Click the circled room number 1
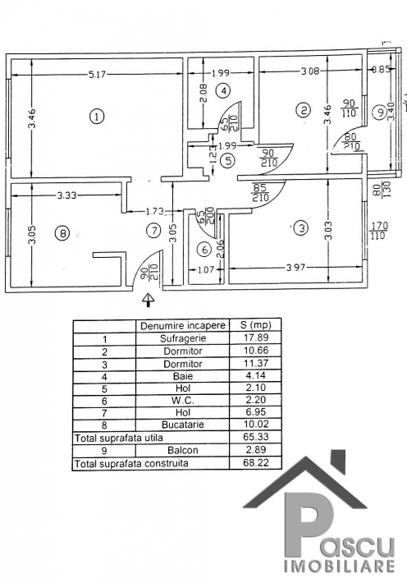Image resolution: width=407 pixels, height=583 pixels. (97, 117)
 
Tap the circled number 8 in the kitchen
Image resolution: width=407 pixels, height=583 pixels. (62, 233)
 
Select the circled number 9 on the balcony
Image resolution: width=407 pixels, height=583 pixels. (379, 112)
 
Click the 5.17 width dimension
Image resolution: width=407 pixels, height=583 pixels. (97, 75)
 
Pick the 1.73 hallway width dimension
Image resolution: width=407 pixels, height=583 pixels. (153, 212)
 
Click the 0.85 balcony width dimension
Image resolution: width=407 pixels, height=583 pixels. (381, 69)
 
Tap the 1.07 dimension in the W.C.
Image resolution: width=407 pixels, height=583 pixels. (206, 269)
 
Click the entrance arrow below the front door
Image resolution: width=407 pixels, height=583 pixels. (149, 299)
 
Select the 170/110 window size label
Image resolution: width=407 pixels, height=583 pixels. (379, 230)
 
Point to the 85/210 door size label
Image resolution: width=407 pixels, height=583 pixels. (261, 192)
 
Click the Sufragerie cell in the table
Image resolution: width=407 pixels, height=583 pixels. (183, 339)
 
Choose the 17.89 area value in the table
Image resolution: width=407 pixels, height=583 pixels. (255, 337)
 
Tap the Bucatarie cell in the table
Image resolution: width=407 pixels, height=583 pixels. (183, 425)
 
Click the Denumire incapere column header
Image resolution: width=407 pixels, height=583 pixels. (183, 326)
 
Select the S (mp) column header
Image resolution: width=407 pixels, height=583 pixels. (256, 325)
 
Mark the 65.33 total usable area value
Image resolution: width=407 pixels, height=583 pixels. (255, 437)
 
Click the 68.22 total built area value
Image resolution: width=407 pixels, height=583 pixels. (255, 462)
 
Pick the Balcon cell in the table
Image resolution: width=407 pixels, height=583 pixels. (183, 450)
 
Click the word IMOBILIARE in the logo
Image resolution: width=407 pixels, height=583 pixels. (340, 566)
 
